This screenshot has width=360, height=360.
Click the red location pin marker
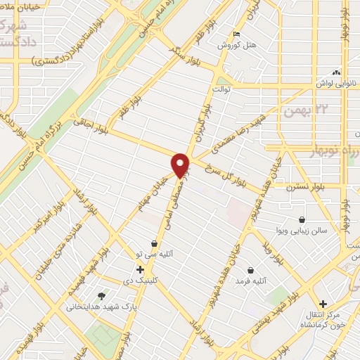(181, 165)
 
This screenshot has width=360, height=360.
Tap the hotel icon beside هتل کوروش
(237, 34)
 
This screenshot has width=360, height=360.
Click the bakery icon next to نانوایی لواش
(336, 72)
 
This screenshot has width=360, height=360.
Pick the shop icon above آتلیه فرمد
(251, 270)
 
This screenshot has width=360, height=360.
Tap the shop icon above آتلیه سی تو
(154, 243)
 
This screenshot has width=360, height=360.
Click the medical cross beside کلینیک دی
(140, 269)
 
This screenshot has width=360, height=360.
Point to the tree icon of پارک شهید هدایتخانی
(102, 296)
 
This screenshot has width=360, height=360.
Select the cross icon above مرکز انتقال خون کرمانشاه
(323, 303)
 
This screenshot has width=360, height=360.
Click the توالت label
(223, 89)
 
